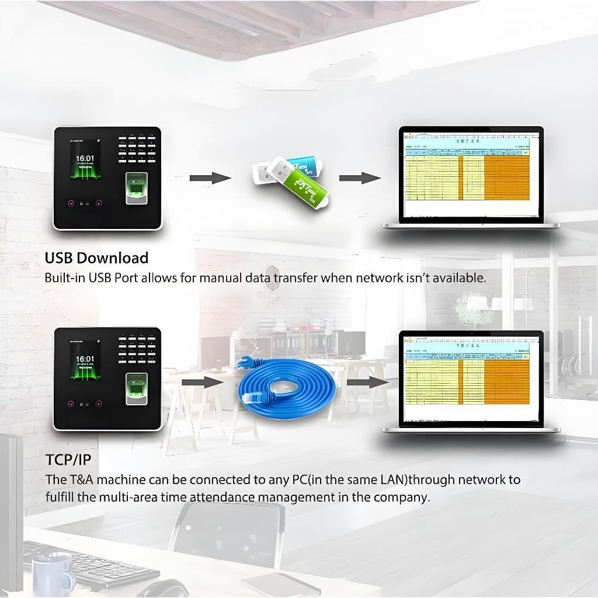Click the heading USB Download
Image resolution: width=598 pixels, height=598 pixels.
[x=96, y=258]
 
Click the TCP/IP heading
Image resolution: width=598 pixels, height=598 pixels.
[x=68, y=460]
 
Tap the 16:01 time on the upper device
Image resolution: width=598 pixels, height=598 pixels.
[x=85, y=158]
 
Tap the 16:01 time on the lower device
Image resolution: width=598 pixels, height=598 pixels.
[x=85, y=359]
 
